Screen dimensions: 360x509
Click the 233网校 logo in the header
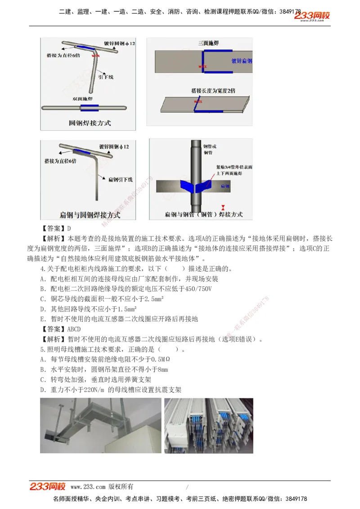coord(312,16)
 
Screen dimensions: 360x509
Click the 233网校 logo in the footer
coord(48,487)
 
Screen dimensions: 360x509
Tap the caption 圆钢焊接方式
coord(90,122)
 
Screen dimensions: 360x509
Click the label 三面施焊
coord(208,44)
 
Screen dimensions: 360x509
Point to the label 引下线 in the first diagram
coord(106,77)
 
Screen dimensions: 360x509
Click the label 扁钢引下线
coord(120,179)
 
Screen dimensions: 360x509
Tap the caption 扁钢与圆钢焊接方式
coord(90,215)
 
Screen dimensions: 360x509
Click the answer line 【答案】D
coord(57,228)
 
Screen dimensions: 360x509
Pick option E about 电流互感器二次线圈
coord(119,319)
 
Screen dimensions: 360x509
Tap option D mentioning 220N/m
coord(111,389)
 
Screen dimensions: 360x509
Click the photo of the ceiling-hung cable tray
coord(100,425)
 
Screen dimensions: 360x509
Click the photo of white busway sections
coord(208,425)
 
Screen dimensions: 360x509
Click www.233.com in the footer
coord(88,487)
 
